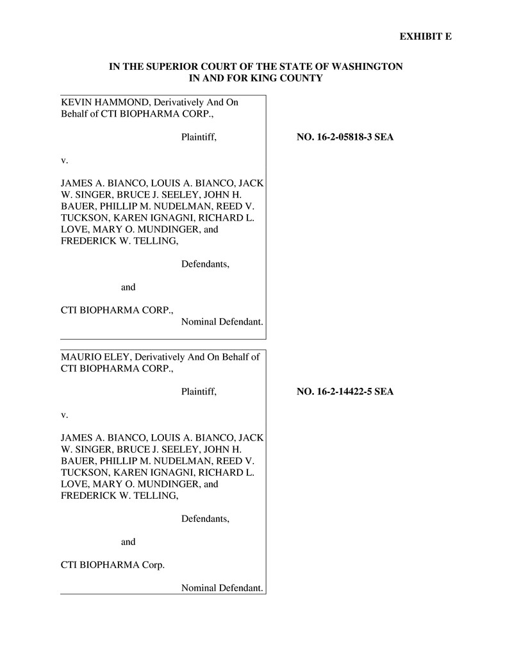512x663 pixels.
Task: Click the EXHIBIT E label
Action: (x=425, y=37)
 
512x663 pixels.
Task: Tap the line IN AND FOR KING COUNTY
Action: (x=256, y=78)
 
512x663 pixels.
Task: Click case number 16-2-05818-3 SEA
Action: (x=345, y=137)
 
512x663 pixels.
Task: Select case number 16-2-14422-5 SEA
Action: (x=345, y=391)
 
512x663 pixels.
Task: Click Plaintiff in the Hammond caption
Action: (x=199, y=137)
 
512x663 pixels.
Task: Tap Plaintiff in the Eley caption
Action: (x=199, y=391)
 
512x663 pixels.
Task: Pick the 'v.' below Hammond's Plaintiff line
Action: (x=64, y=160)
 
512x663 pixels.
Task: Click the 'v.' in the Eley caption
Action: (x=64, y=414)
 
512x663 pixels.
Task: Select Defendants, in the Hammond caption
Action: (x=205, y=264)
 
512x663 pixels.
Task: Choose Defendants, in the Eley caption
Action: (x=205, y=519)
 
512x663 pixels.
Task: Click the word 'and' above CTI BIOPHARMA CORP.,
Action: (x=128, y=287)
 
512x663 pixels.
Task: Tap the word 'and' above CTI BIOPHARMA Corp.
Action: (x=128, y=542)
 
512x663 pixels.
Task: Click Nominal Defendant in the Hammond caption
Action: (x=222, y=321)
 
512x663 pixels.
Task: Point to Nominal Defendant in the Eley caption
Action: (x=222, y=588)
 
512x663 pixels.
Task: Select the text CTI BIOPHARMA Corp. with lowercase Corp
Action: (x=112, y=565)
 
